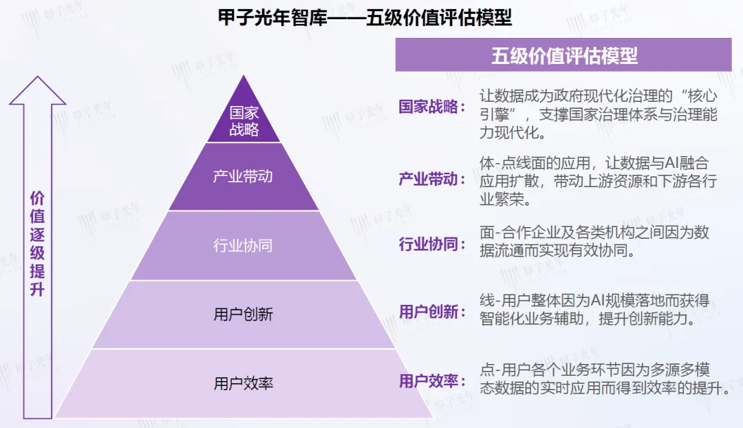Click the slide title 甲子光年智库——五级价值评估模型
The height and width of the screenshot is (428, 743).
[365, 17]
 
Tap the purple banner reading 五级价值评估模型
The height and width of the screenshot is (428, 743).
[563, 55]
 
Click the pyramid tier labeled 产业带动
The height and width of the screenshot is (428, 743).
[243, 176]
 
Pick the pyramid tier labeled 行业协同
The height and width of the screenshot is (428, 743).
[243, 246]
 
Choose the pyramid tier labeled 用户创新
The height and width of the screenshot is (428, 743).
[243, 314]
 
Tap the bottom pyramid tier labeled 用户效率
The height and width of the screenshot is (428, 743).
[243, 383]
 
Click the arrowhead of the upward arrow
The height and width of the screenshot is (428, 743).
[37, 89]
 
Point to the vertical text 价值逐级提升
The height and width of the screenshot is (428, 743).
[37, 244]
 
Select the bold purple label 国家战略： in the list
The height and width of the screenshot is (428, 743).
[432, 107]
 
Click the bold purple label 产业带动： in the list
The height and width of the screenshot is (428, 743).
[432, 180]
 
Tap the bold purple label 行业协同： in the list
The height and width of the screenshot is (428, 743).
[432, 243]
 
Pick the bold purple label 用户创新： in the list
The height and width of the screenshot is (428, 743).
[432, 312]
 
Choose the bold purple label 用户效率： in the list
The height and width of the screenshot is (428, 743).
[432, 381]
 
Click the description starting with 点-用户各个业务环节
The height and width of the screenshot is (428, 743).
[604, 378]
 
